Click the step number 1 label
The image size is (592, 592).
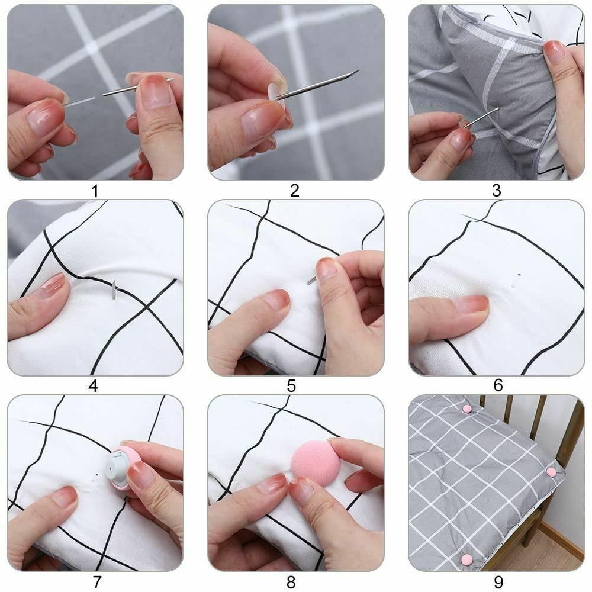(94, 191)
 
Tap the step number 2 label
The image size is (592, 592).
(294, 191)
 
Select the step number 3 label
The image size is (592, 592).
(496, 191)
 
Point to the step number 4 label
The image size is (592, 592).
(93, 386)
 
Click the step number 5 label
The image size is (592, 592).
(291, 386)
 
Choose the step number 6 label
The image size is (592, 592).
(498, 386)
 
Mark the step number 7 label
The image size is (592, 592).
(97, 581)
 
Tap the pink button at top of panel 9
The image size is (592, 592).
(467, 408)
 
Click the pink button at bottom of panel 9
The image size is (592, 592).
(466, 559)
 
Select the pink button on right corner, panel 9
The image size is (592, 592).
(551, 472)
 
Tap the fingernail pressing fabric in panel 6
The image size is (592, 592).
(471, 304)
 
